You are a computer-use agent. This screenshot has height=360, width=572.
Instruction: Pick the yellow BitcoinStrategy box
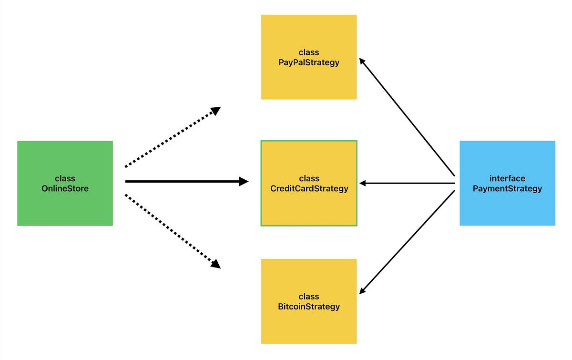coord(309,324)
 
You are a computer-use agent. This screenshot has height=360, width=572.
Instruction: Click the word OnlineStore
coord(65,188)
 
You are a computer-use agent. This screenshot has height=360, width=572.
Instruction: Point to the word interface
coord(507,178)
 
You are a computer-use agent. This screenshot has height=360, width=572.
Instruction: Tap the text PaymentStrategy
coord(507,188)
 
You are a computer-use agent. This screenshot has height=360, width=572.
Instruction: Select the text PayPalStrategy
coord(309,62)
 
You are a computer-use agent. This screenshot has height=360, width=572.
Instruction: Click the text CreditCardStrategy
coord(309,188)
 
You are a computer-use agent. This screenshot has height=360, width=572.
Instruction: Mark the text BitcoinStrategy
coord(309,307)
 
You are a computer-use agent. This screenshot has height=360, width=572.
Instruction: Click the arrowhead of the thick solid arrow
coord(244,181)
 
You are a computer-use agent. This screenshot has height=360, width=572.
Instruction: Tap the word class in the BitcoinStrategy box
coord(309,297)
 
